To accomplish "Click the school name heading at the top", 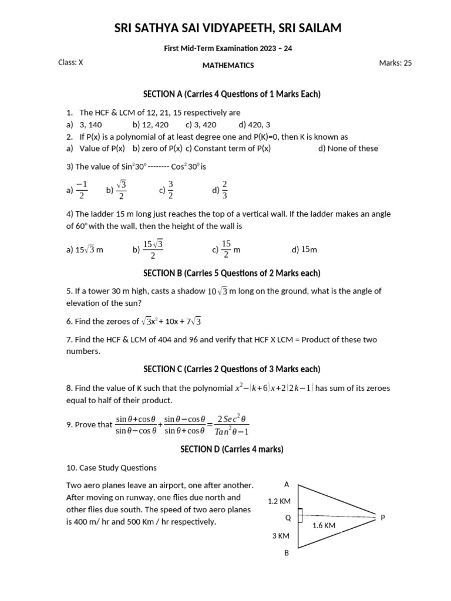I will click(227, 28).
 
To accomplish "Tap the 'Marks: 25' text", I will click(395, 63).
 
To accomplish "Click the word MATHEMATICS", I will click(228, 65).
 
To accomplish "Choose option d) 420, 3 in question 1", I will click(254, 124).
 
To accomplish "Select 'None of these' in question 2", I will click(348, 148).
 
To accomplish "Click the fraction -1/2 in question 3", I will click(82, 190).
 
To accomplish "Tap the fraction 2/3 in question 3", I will click(224, 190).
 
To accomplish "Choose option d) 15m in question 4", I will click(304, 250).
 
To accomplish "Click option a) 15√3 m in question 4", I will click(85, 250).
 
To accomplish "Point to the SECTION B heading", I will click(232, 273).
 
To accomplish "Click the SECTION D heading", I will click(231, 449).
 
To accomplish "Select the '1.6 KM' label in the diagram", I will click(324, 526).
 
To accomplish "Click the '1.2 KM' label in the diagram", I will click(279, 501).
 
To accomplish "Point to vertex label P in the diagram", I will click(383, 518).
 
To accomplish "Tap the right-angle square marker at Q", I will click(299, 515).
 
